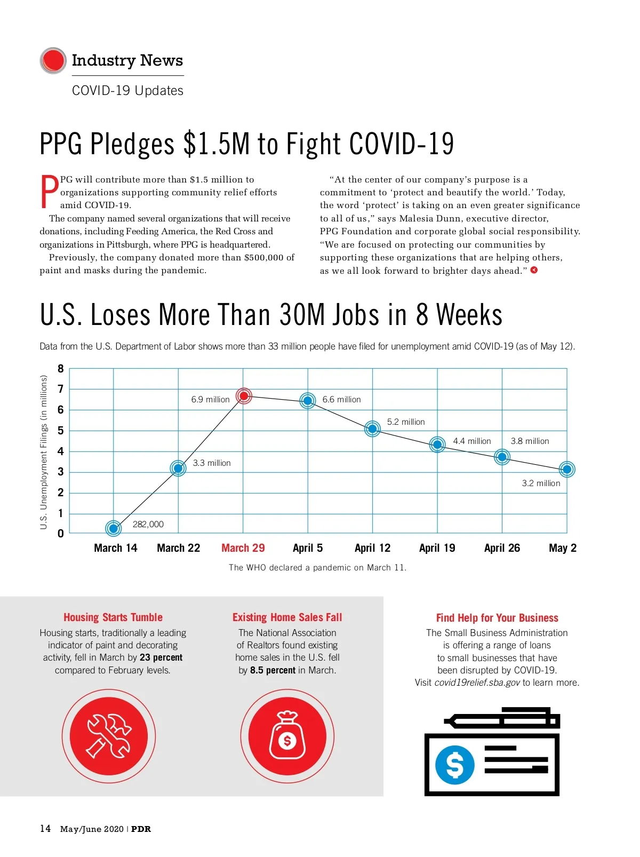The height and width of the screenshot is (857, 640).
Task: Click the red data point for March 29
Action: tap(244, 396)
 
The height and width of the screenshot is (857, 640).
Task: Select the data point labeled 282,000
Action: tap(113, 528)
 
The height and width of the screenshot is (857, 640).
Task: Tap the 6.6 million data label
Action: tap(341, 400)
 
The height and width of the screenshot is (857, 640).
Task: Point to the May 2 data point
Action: tap(567, 470)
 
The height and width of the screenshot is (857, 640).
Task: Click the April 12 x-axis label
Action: tap(372, 548)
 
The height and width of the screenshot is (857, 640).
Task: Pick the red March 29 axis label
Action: tap(243, 548)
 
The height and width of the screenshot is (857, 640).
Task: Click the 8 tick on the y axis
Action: tap(61, 369)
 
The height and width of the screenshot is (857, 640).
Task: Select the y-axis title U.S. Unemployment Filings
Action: tap(44, 452)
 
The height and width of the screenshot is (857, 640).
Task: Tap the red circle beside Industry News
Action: tap(53, 60)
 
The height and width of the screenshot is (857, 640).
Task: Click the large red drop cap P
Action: tap(49, 192)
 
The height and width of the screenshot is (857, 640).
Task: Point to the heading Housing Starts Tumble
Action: tap(113, 617)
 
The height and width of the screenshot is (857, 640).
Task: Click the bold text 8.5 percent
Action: tap(273, 670)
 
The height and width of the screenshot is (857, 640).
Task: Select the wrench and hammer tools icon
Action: tap(109, 736)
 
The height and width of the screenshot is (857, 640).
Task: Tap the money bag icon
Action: tap(287, 736)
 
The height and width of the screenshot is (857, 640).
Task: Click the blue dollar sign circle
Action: tap(454, 765)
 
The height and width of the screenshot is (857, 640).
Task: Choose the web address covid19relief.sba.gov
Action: tap(477, 683)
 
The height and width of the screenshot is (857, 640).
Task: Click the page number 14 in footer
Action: tap(45, 829)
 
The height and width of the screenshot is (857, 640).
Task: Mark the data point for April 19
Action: tap(437, 444)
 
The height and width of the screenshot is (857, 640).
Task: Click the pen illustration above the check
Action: tap(501, 719)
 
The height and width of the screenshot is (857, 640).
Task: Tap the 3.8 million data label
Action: tap(530, 441)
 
